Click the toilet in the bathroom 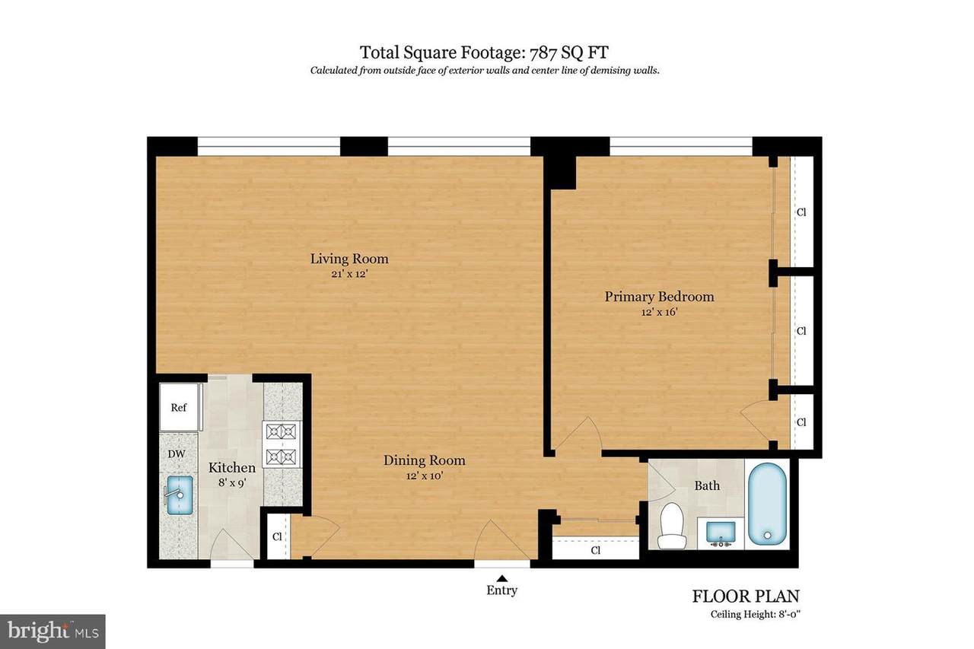672,525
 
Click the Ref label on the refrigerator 179,407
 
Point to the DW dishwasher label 177,453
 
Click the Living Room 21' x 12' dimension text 349,274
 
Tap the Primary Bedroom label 659,297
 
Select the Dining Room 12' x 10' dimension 425,476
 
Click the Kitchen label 232,467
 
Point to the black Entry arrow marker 502,578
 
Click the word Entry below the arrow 501,590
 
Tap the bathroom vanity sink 721,533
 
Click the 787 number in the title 543,52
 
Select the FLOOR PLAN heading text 746,596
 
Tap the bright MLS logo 53,632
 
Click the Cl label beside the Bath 596,550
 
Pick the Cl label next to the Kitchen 277,536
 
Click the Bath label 707,485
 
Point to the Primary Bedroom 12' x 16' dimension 659,312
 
